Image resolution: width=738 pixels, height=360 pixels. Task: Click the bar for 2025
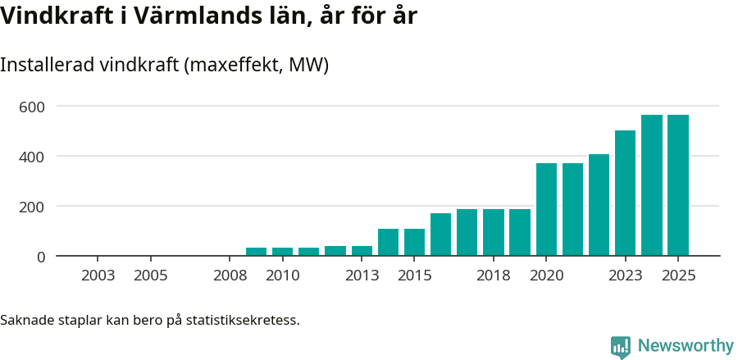(x=678, y=185)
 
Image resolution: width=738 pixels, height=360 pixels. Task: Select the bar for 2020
(x=546, y=209)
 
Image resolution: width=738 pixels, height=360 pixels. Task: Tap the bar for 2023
(x=626, y=193)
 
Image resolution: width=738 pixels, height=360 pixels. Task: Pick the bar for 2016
(x=441, y=235)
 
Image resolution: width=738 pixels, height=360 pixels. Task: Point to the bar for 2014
(x=388, y=242)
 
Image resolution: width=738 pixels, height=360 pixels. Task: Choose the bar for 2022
(x=599, y=205)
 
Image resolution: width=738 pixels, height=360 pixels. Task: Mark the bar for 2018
(x=494, y=232)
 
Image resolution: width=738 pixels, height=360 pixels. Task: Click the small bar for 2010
(x=283, y=252)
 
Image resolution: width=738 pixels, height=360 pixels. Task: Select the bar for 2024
(x=652, y=185)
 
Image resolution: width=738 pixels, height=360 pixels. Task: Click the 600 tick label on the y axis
(x=32, y=107)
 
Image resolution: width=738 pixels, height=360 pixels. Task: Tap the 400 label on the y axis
(x=32, y=157)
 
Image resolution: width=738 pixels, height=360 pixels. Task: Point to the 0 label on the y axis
(x=40, y=257)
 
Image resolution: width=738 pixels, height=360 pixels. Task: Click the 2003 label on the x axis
(x=98, y=276)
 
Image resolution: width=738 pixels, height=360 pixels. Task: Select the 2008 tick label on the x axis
(x=230, y=276)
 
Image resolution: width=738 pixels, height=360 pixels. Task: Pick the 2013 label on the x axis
(x=362, y=276)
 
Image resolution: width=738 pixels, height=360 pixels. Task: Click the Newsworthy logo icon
(x=621, y=346)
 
